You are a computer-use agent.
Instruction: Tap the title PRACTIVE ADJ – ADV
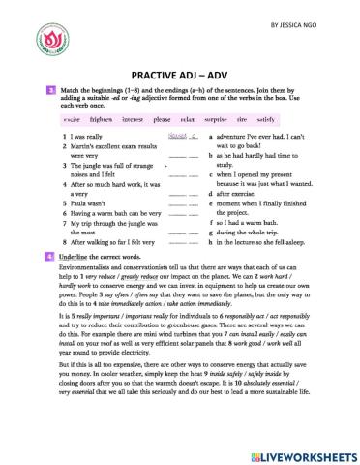tap(179, 73)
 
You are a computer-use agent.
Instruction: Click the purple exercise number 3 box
tap(50, 90)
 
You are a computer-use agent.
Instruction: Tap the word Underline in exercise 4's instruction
tap(77, 257)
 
